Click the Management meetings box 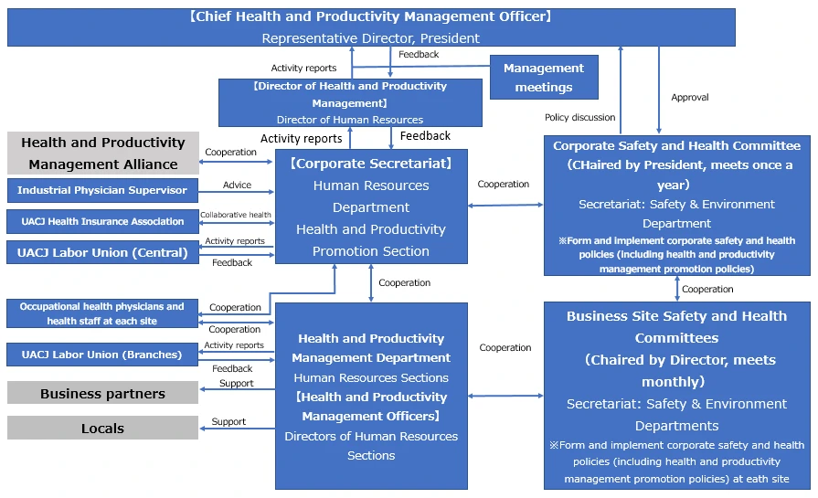click(x=544, y=78)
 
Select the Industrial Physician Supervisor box click(x=102, y=190)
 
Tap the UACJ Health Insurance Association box click(x=102, y=221)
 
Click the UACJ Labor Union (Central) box click(x=102, y=252)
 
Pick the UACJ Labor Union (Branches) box click(x=102, y=355)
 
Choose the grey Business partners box click(x=102, y=394)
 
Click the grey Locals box click(x=102, y=428)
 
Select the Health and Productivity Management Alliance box click(x=102, y=154)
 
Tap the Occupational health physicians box click(x=102, y=313)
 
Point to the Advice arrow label click(x=237, y=185)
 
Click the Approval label click(x=690, y=97)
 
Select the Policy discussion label click(x=579, y=117)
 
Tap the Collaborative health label click(x=236, y=215)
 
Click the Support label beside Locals click(x=228, y=421)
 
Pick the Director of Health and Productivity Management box click(x=350, y=102)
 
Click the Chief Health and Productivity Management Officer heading click(x=371, y=16)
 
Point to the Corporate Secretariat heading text click(x=371, y=164)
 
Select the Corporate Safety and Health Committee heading click(x=676, y=145)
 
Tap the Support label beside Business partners click(x=236, y=383)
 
